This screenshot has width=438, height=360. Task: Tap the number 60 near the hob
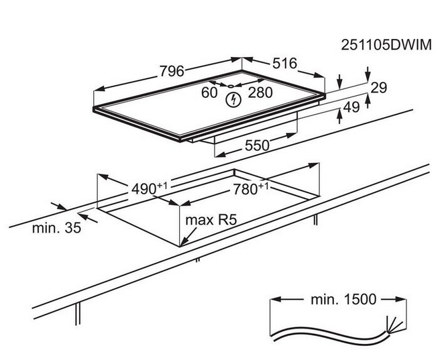pos(210,93)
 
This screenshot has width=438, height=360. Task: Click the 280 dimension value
pos(260,93)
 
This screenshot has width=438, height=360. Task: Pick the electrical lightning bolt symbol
pos(233,101)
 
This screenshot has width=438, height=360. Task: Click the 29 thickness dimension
pos(379,88)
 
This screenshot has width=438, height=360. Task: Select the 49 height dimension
pos(351,107)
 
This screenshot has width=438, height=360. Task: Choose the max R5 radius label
pos(212,220)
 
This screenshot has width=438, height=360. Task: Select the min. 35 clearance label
pos(56,228)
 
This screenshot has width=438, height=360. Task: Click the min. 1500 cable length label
pos(343,300)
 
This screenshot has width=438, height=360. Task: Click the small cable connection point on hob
pos(229,86)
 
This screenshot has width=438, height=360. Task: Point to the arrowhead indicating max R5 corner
pos(184,242)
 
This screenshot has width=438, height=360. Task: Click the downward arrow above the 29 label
pos(368,76)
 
